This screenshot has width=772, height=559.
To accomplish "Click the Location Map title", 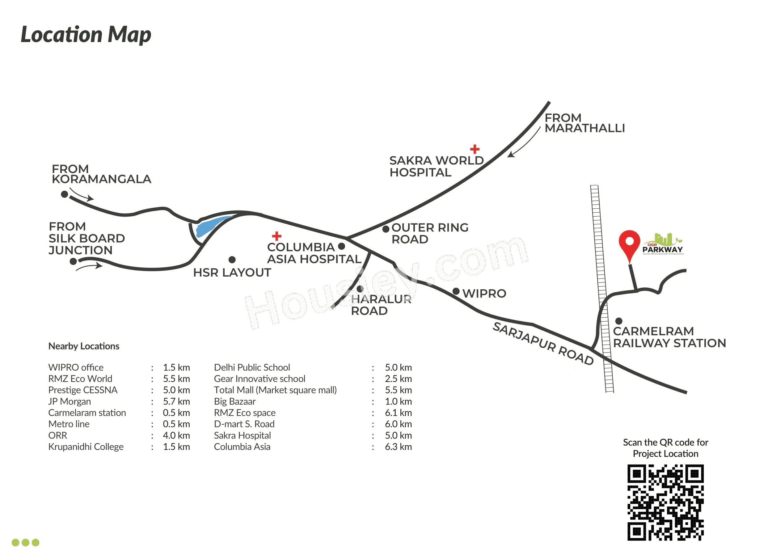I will coord(86,34).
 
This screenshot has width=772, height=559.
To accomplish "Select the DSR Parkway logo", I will coord(662,244).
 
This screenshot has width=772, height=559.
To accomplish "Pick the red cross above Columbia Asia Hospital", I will coord(277,236).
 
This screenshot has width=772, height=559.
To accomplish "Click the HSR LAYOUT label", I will coord(232,273).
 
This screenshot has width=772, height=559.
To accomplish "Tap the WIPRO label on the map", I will coord(484,294).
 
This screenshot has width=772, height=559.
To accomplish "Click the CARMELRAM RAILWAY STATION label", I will coord(669,337).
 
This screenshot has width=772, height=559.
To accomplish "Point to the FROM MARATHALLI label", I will coord(584,123).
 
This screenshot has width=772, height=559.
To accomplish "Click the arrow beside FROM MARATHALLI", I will coord(524,143).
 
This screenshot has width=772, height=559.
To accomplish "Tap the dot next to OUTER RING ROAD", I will coord(386,229).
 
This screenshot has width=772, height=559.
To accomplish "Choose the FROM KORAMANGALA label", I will coord(101,174).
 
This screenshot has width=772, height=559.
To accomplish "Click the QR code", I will coord(665,502).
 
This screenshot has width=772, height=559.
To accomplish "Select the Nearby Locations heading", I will coord(84,346).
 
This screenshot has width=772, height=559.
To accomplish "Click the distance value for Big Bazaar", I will coord(398,401).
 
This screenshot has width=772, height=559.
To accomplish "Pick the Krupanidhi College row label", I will coord(86,447).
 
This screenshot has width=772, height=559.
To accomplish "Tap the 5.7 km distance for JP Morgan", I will coord(176,401).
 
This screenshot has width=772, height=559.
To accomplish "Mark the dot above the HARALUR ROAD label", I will coord(360,289).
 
